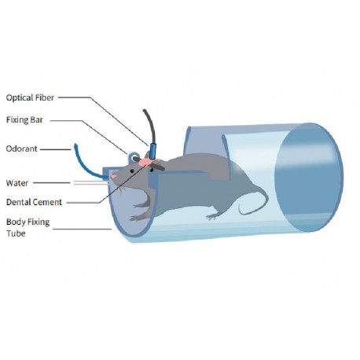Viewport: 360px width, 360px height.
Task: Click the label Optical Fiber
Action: (30, 97)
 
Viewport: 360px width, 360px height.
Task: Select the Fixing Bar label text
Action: (24, 120)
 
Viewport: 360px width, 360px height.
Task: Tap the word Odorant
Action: (22, 149)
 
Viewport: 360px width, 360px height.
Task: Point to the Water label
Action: (17, 183)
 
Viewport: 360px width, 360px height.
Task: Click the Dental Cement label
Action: (34, 202)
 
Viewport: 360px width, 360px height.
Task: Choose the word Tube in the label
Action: (16, 233)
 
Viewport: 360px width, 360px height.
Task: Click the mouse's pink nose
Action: (113, 176)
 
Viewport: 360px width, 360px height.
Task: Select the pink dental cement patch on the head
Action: (145, 163)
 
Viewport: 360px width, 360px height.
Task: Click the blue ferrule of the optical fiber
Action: (152, 152)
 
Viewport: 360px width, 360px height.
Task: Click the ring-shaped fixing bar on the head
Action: (134, 157)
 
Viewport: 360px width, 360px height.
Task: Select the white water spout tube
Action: (90, 182)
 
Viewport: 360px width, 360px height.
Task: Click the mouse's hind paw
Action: (213, 216)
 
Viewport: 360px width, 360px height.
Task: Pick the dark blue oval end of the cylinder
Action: (309, 178)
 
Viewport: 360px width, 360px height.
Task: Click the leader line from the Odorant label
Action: (56, 149)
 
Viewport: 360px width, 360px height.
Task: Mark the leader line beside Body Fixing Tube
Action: (83, 229)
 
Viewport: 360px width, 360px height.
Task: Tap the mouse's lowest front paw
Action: (136, 218)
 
